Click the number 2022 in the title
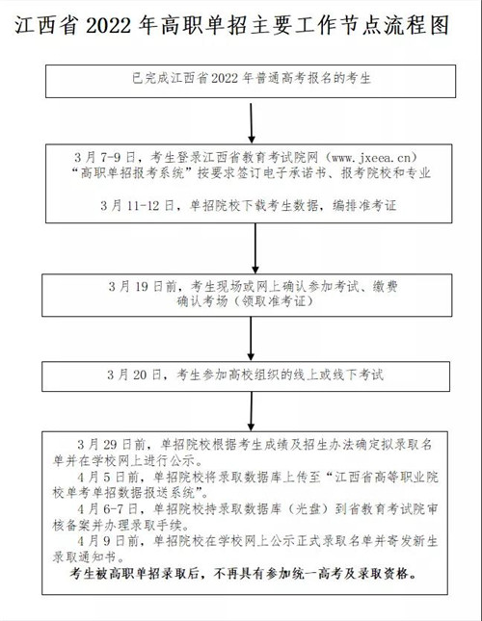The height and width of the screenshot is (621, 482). point(108,26)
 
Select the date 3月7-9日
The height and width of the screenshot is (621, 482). point(105,158)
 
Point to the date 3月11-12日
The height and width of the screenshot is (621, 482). point(137,205)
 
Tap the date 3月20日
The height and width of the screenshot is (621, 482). point(134,375)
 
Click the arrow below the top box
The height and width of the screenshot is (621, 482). point(252,123)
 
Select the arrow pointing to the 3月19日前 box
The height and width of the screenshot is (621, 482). point(255,248)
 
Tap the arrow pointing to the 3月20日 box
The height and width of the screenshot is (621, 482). point(251,339)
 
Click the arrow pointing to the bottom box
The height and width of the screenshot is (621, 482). point(251,411)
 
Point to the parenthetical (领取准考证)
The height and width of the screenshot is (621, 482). point(272,301)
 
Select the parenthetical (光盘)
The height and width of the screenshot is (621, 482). point(308,509)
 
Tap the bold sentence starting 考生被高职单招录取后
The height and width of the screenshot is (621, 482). point(243,574)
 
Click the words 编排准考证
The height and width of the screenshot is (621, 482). point(364,205)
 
